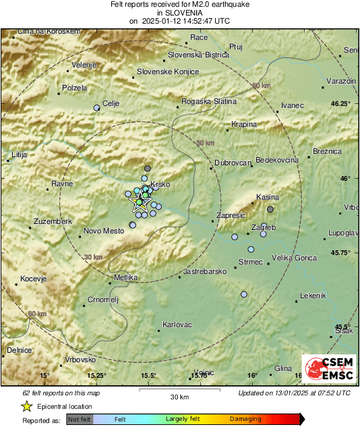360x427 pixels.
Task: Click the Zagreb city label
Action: (x=263, y=229)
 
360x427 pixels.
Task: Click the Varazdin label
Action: (x=340, y=81)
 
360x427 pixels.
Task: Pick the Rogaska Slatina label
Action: (x=210, y=102)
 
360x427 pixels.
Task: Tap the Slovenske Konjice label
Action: (x=167, y=72)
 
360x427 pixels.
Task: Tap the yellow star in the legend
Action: (x=26, y=407)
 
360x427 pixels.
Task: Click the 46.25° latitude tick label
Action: (x=340, y=104)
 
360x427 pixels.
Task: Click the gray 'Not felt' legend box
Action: (x=80, y=420)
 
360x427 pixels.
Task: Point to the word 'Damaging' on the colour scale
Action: (x=245, y=420)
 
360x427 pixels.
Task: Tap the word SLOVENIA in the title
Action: (x=179, y=12)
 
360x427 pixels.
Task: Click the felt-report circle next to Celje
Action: (x=96, y=107)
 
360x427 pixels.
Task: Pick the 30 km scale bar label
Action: (x=179, y=397)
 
